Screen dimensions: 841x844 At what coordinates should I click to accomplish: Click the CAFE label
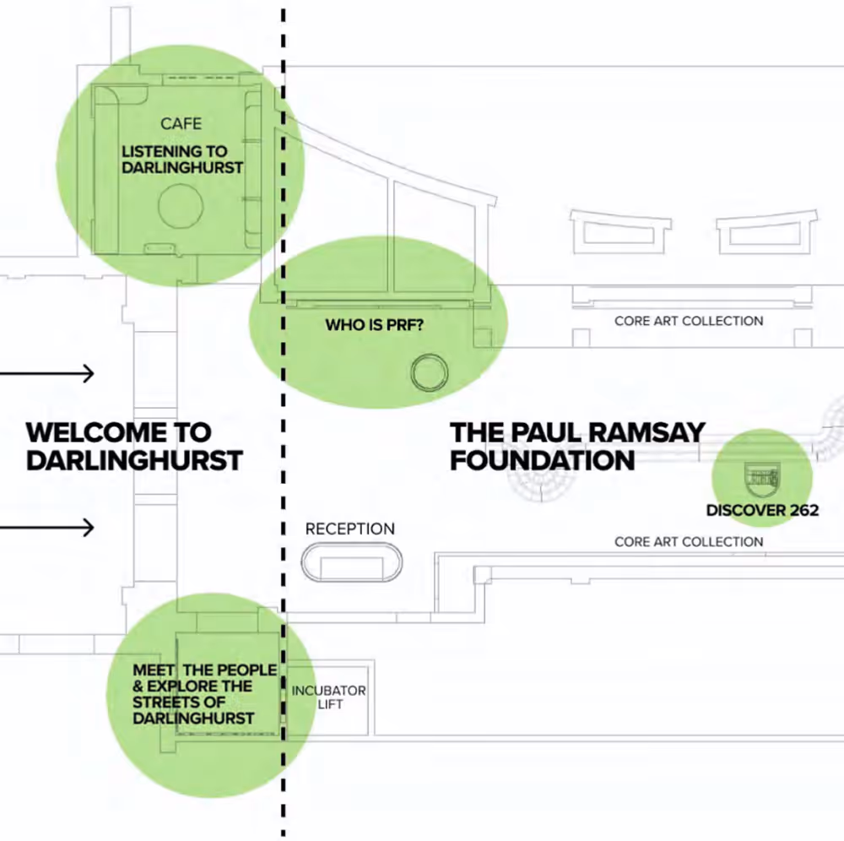tap(181, 124)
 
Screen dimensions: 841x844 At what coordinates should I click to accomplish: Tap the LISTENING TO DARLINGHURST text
tap(182, 160)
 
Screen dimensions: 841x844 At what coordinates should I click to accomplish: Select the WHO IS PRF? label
tap(374, 324)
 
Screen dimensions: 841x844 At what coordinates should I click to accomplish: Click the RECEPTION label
tap(349, 529)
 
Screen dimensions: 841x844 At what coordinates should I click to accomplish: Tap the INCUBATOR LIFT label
tap(329, 697)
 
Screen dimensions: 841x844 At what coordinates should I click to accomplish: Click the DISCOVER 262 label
tap(762, 510)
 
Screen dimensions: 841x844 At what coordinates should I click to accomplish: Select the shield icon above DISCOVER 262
tap(762, 478)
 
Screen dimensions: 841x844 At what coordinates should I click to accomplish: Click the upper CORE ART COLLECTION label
tap(689, 321)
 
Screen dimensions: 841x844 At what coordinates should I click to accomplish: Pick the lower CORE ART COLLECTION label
tap(689, 542)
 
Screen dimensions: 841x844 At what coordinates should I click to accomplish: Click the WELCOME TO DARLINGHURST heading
tap(134, 447)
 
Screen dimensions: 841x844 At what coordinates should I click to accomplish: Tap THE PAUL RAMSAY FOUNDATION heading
tap(577, 447)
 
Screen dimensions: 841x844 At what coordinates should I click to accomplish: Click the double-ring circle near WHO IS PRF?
tap(428, 372)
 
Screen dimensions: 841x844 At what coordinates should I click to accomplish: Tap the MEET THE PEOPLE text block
tap(204, 694)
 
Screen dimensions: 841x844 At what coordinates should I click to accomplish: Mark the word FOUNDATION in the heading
tap(543, 461)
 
